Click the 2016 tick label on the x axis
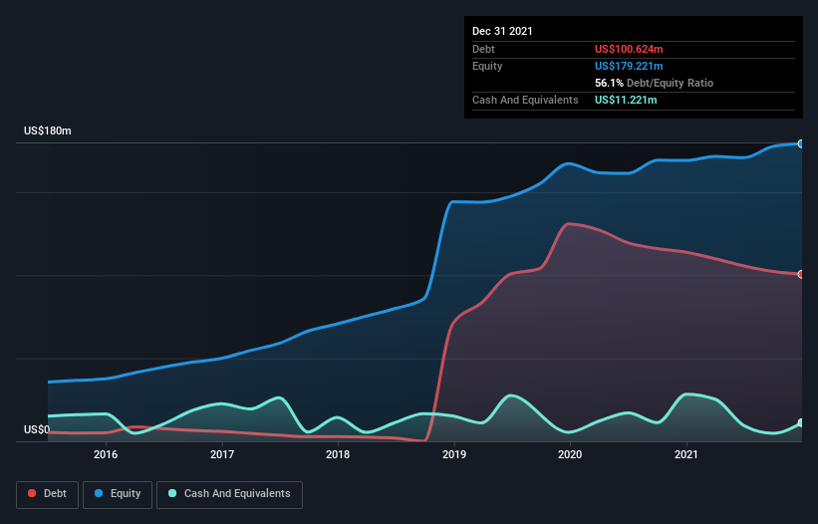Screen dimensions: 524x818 106,454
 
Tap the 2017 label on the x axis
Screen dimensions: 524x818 222,454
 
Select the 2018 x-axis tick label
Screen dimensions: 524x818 338,454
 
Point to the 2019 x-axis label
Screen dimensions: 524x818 454,454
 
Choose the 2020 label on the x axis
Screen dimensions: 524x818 570,454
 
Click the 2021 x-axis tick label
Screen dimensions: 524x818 685,454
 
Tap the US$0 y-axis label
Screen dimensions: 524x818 37,430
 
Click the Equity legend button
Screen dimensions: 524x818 118,494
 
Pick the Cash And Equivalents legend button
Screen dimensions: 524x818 229,494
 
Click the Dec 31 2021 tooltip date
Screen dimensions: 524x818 502,31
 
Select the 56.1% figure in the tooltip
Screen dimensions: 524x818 607,83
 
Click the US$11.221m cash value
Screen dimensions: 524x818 627,100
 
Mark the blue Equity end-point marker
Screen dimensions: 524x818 801,143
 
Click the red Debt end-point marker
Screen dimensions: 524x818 801,274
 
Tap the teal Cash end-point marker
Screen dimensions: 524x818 801,423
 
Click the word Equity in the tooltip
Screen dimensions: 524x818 487,66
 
